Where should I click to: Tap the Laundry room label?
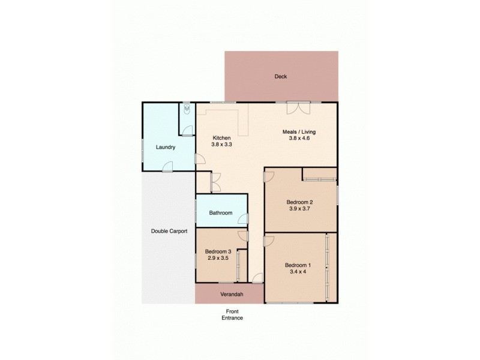tap(165, 147)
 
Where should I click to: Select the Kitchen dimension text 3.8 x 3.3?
tap(221, 144)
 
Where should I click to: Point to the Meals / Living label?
tap(299, 131)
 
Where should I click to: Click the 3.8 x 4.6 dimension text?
tap(299, 138)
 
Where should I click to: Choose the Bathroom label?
tap(220, 212)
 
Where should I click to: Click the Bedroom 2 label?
tap(299, 203)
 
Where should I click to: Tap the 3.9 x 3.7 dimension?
tap(299, 209)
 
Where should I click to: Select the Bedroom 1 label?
tap(298, 265)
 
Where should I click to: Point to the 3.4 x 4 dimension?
tap(298, 272)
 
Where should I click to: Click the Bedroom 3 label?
tap(218, 251)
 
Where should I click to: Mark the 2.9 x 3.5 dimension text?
tap(218, 258)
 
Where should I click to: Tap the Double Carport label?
tap(169, 230)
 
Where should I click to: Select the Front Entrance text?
tap(234, 314)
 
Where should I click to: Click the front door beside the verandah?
tap(257, 278)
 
